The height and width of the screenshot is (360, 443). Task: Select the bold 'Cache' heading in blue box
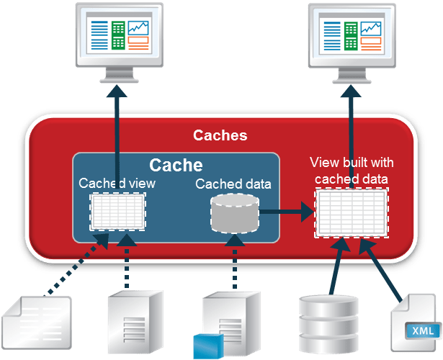coord(176,164)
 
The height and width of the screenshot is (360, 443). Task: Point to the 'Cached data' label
coord(233,184)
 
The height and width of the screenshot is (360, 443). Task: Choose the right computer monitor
coord(351,40)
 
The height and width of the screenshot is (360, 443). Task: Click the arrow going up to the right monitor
coord(351,137)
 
